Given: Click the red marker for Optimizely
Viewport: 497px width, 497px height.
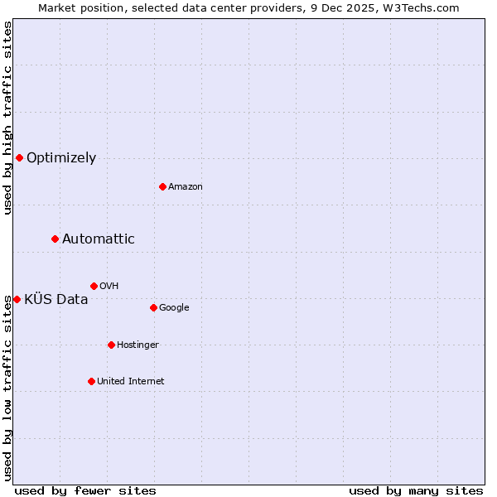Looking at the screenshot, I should pos(19,157).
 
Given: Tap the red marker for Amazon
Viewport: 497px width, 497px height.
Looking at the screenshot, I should pos(162,186).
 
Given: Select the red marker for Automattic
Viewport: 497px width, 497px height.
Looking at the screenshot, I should pos(55,239).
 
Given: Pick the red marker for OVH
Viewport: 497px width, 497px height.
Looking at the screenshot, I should pos(94,286).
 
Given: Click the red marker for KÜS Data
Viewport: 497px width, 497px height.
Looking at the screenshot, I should pos(17,299).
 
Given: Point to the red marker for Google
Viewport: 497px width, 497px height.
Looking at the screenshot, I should pos(153,307).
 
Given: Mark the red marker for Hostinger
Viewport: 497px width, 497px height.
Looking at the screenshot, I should pos(111,345).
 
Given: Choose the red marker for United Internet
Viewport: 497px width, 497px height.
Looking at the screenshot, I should pos(91,381).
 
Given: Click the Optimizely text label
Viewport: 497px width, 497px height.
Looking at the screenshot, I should pos(61,158).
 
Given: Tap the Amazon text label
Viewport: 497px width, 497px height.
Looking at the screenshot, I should pos(186,187).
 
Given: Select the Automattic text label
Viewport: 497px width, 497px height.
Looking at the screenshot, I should pos(99,239).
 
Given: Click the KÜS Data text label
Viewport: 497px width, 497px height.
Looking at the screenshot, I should pos(56,300).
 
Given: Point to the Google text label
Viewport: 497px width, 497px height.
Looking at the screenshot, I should pos(174,308).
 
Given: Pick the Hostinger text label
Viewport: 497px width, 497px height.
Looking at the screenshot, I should pos(138,345).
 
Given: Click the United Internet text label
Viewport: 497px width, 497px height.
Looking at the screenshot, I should pos(131,382).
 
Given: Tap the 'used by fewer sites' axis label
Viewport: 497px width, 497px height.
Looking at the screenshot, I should pos(85,490).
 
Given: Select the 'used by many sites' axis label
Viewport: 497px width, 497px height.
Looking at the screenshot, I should pos(416,490).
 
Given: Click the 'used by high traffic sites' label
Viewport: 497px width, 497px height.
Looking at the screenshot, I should pos(7,118).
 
